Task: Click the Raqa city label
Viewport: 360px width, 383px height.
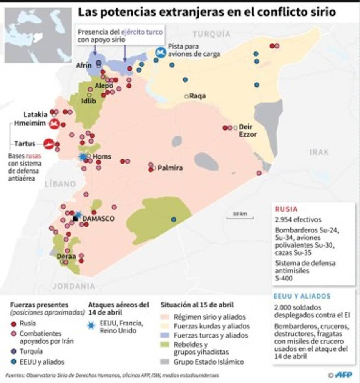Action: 198,96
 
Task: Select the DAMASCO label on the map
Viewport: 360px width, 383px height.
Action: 99,219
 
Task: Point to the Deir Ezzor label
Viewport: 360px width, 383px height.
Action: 247,131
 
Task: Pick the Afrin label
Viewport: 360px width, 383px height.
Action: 83,66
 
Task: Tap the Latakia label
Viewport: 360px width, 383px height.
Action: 35,114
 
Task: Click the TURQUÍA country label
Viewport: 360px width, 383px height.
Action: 211,34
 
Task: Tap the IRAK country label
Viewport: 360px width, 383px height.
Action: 319,152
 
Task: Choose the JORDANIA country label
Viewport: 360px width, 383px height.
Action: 74,287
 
